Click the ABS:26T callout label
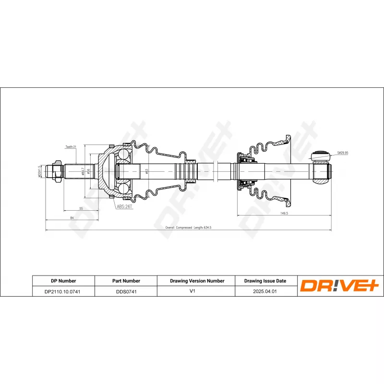[x=123, y=207]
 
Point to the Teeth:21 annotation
[x=71, y=147]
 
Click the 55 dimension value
[x=81, y=209]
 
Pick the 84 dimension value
[x=72, y=218]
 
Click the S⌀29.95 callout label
[x=342, y=153]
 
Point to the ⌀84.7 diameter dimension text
[x=84, y=171]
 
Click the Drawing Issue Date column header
[x=265, y=281]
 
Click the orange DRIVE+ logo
[x=340, y=286]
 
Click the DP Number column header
[x=63, y=281]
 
